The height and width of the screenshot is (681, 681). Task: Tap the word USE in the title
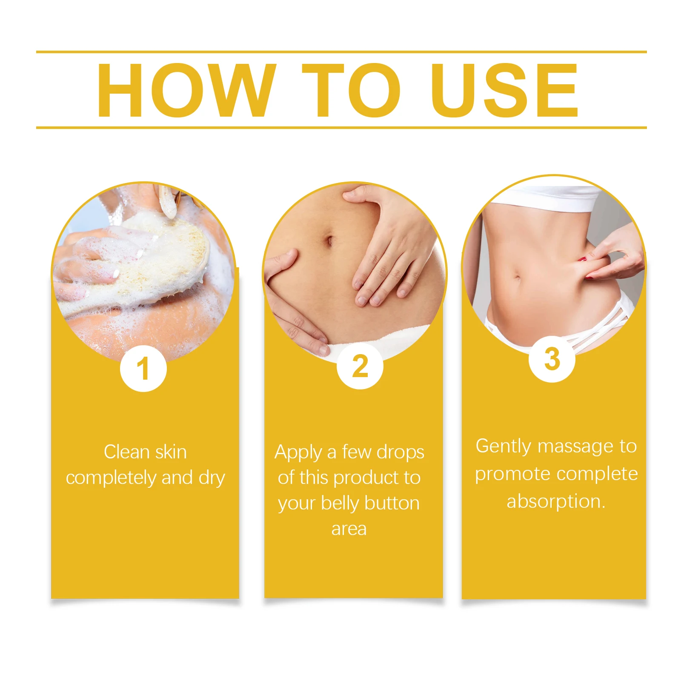point(505,90)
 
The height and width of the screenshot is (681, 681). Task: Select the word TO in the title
point(351,90)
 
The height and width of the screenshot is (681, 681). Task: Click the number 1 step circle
point(143,369)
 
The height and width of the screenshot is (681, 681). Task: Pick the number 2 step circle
point(360,366)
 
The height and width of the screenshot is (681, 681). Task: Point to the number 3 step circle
point(552,359)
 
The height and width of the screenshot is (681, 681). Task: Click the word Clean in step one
point(126,452)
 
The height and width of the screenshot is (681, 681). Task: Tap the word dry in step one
point(212,478)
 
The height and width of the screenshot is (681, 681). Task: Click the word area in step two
point(349,529)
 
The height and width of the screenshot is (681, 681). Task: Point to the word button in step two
point(392,503)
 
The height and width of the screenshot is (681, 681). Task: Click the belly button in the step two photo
point(328,241)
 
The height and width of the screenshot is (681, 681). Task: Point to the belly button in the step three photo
point(517,278)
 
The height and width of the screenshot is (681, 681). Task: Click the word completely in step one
point(112,478)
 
